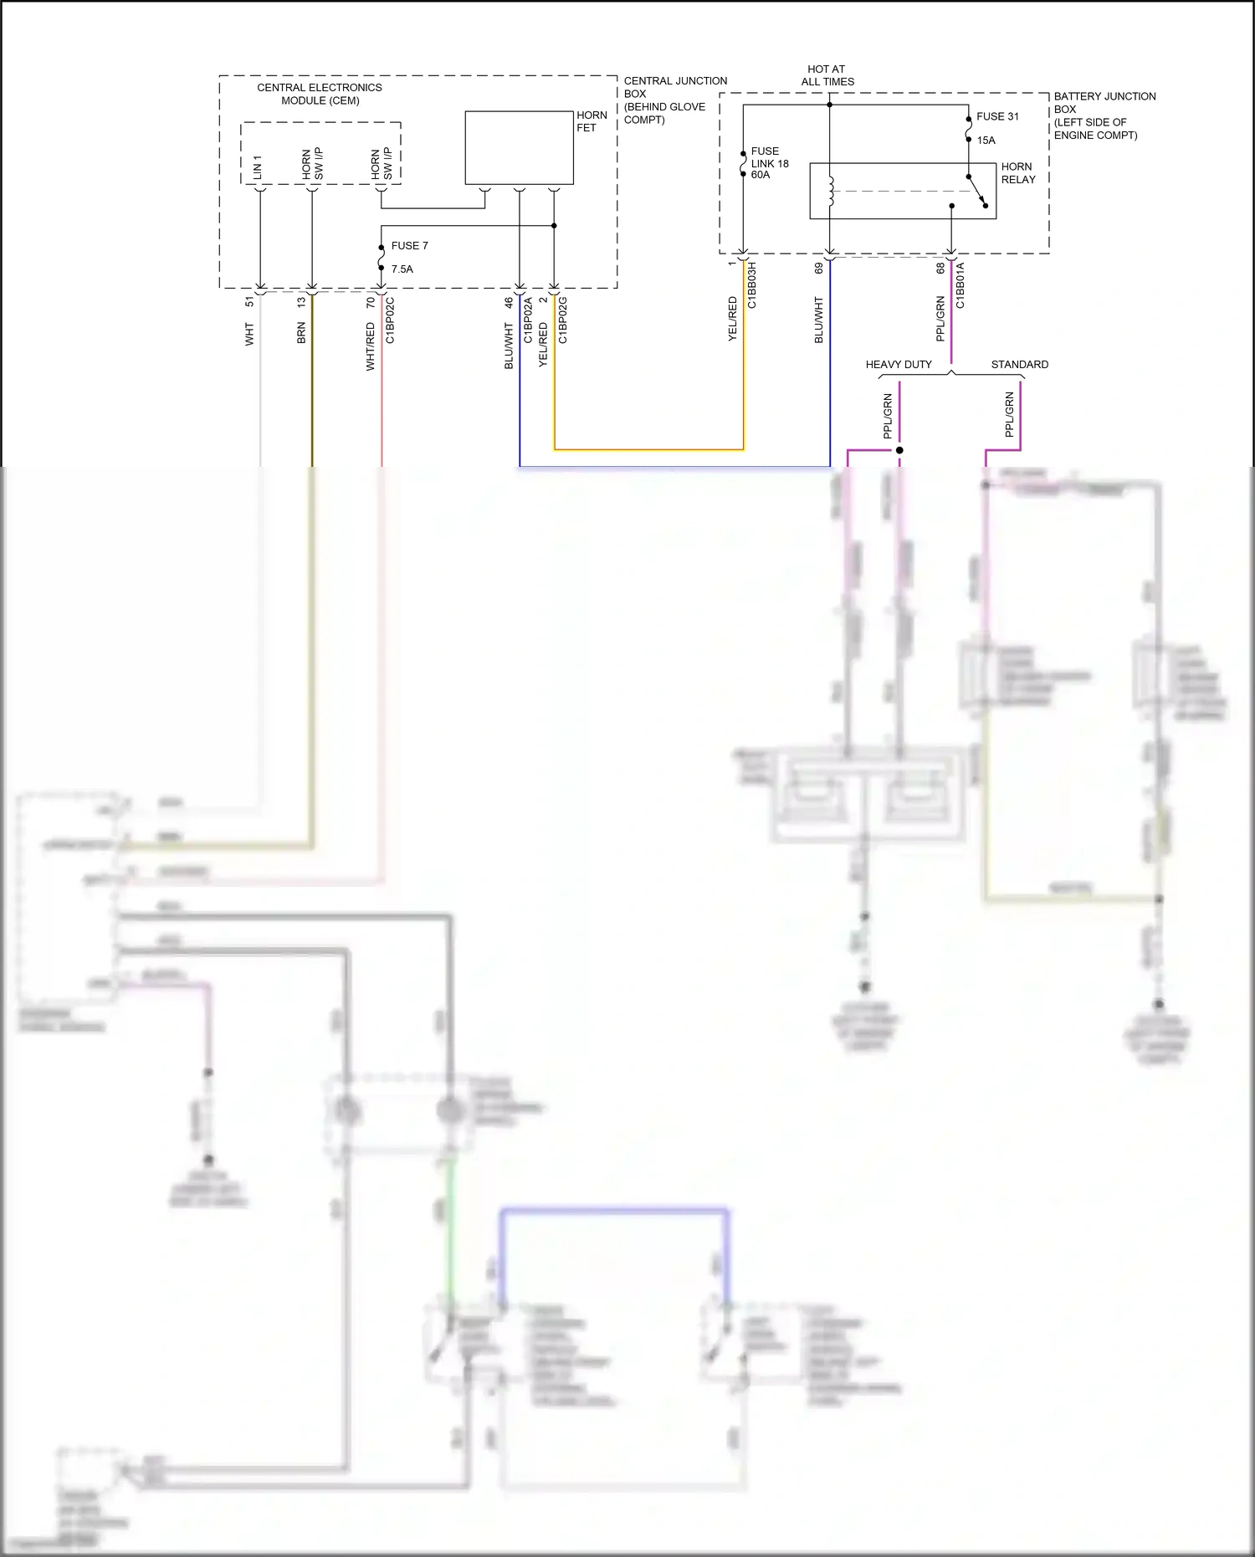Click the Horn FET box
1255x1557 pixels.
click(519, 147)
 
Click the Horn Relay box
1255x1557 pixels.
click(902, 191)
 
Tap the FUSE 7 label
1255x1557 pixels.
click(409, 246)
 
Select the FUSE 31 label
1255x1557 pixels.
click(997, 117)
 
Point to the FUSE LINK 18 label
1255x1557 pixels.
click(769, 163)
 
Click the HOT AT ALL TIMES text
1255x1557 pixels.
click(827, 75)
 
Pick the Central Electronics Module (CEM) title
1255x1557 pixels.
click(320, 94)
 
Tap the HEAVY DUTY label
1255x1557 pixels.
click(899, 365)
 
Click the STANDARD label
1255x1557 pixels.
click(1019, 365)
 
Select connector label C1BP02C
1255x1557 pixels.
click(391, 320)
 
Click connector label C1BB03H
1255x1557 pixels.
click(752, 285)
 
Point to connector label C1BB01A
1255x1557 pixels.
click(960, 285)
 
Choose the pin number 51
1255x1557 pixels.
click(249, 301)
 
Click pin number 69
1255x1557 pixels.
click(819, 268)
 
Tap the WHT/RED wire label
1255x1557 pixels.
click(371, 347)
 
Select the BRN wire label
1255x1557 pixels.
click(301, 333)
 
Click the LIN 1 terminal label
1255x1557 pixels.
click(258, 166)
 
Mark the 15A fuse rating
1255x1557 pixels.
click(986, 141)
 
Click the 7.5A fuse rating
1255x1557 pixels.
click(402, 269)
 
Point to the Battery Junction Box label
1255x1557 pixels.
click(1104, 115)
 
